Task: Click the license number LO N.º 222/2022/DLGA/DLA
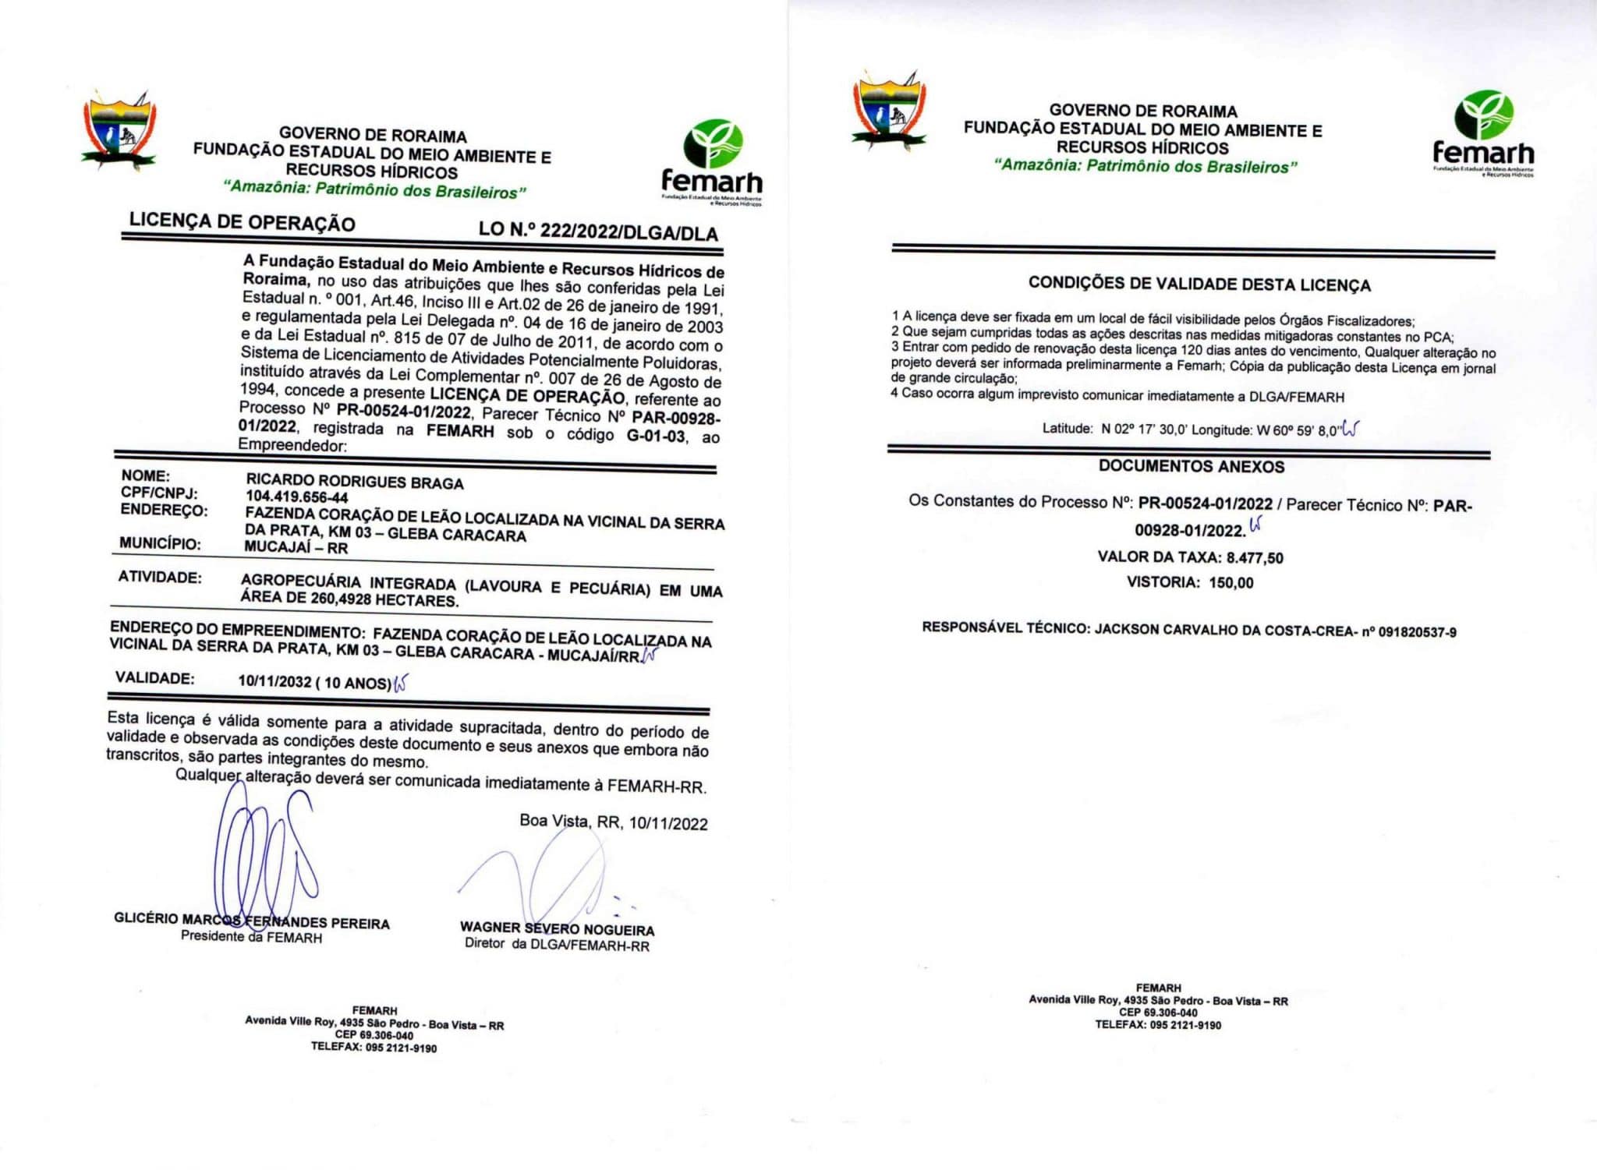click(x=598, y=231)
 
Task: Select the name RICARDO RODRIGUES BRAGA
click(x=355, y=482)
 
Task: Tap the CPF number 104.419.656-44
click(x=297, y=497)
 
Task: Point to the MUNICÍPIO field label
click(x=160, y=543)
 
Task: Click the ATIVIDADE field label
click(x=160, y=577)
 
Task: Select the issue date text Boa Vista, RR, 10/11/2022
click(x=614, y=822)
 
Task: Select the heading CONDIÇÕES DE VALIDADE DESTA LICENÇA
click(x=1199, y=285)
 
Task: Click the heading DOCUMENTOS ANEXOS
click(x=1192, y=466)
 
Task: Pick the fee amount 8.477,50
click(x=1255, y=557)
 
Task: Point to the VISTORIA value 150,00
click(x=1231, y=582)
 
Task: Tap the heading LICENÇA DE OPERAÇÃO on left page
click(x=242, y=222)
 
